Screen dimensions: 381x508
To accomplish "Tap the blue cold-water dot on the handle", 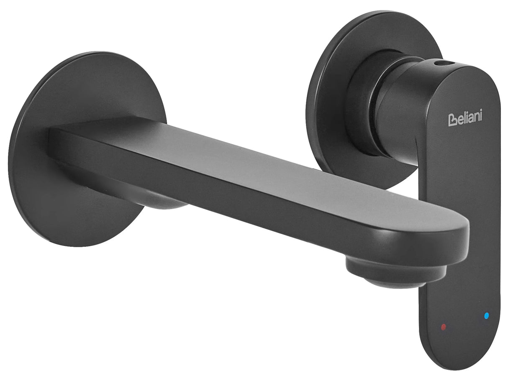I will click(486, 316).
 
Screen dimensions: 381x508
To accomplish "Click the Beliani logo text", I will click(465, 118).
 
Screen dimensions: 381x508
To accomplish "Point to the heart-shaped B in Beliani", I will click(452, 120).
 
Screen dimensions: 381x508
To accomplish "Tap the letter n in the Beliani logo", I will click(475, 117).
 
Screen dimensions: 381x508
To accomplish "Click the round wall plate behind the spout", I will click(50, 197).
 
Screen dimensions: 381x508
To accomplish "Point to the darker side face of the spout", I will click(251, 209).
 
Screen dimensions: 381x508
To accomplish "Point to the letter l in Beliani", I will click(464, 117).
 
